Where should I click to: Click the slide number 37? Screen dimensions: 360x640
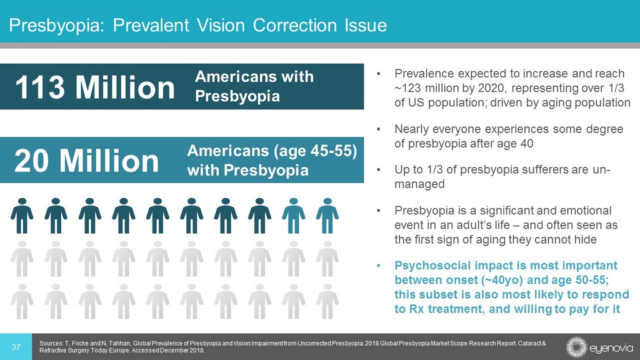pos(17,347)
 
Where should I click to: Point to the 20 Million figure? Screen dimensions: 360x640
pos(87,161)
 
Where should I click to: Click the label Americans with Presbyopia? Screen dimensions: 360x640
pos(254,87)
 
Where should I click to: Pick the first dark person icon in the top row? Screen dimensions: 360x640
pos(22,216)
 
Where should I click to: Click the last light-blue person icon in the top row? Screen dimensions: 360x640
pos(327,216)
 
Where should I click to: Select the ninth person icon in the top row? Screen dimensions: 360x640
pos(293,216)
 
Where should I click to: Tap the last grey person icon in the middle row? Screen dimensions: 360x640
pos(327,259)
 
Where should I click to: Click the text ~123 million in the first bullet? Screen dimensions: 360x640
pos(422,88)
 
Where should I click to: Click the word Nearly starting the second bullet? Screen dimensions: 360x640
pos(413,129)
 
